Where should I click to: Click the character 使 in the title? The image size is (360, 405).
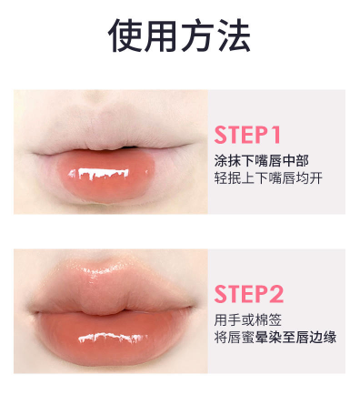[x=125, y=35]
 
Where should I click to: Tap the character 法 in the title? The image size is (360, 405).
[x=234, y=35]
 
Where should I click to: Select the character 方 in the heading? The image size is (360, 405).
[x=198, y=35]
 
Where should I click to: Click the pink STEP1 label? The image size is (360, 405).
[x=247, y=135]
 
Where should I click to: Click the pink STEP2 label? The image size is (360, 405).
[x=249, y=294]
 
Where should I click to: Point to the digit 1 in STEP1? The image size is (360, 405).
[x=275, y=135]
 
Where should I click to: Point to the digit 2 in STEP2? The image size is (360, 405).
[x=276, y=294]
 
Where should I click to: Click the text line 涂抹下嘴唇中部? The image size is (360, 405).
[x=262, y=161]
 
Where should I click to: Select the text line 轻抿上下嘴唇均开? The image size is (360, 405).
[x=268, y=177]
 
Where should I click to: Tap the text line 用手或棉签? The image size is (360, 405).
[x=248, y=319]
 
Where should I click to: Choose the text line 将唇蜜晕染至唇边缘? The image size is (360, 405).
[x=275, y=337]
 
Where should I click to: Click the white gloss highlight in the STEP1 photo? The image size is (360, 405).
[x=98, y=174]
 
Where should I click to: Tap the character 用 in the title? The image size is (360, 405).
[x=161, y=35]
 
